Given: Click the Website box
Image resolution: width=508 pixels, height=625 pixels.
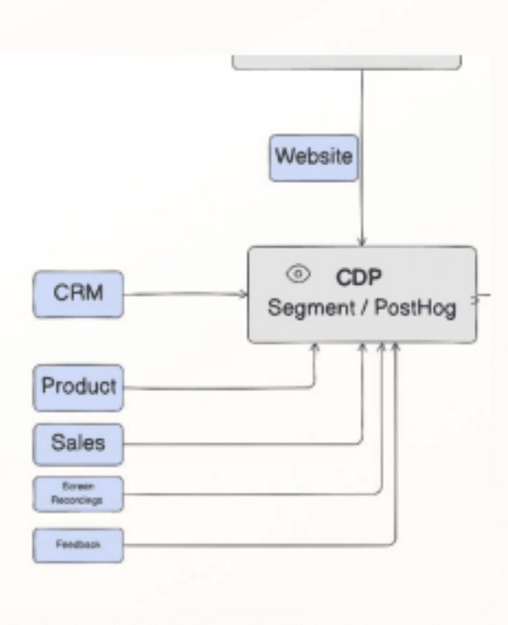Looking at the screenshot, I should pos(313,157).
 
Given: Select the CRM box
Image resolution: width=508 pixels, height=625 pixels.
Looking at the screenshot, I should pos(78,294).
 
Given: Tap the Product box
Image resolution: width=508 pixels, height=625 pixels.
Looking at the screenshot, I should pos(78,386).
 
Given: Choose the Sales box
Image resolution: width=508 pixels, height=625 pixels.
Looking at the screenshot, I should pos(78,442).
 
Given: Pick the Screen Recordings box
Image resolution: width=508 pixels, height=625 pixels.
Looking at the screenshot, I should pos(78,493).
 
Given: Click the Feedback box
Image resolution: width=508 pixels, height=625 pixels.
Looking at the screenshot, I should pos(78,543).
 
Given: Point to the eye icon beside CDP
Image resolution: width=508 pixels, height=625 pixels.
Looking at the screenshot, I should pos(298,274).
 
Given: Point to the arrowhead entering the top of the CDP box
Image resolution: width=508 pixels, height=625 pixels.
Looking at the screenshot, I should pos(362,240).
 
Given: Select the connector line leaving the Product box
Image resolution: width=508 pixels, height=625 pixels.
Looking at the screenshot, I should pos(220,386).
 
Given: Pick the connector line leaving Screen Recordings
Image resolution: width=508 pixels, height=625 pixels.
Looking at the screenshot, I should pos(251,493).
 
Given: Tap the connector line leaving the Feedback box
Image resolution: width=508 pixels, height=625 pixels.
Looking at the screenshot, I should pos(259,544).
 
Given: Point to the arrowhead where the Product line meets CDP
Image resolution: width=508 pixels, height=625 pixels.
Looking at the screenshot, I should pos(315,348).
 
